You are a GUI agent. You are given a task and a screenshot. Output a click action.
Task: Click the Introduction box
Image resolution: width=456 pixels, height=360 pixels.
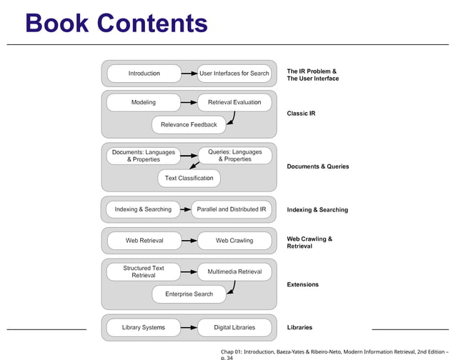144,74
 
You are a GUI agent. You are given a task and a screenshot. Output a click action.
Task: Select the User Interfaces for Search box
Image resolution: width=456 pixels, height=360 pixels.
234,74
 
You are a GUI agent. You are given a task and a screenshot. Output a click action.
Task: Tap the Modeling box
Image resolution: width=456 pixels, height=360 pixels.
144,103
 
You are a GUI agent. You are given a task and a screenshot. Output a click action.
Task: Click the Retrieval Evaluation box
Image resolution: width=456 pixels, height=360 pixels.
234,103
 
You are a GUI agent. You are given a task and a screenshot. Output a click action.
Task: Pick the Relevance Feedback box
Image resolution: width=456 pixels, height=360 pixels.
189,125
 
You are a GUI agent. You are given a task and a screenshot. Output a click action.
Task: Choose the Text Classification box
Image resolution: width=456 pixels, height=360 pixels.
189,178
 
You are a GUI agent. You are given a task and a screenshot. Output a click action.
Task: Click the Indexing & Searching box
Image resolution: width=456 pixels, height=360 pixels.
144,209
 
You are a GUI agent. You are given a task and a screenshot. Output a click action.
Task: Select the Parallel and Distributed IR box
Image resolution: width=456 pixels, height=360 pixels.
232,209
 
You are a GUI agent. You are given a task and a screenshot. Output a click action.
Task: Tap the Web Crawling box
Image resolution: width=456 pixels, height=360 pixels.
234,241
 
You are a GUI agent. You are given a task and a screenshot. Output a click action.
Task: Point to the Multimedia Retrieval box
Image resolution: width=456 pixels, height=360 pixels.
234,271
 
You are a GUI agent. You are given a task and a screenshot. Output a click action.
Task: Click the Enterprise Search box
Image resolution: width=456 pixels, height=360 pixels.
189,294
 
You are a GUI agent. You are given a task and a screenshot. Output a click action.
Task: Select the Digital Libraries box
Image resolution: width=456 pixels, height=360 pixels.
234,327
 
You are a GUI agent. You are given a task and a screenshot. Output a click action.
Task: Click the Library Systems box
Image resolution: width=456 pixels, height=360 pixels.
144,327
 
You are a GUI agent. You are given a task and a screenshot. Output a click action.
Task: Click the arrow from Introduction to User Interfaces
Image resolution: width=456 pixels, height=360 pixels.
189,74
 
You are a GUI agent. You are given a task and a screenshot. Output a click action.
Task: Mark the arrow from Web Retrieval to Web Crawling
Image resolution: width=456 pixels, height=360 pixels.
189,241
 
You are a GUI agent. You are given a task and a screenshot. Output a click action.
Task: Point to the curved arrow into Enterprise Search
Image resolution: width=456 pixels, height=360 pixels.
232,287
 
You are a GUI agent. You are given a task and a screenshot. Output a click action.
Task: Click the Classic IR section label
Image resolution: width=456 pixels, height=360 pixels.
301,114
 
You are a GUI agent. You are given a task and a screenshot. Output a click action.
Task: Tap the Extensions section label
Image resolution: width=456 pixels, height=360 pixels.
302,284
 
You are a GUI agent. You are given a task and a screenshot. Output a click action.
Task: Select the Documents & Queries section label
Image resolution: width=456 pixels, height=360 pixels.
317,166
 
